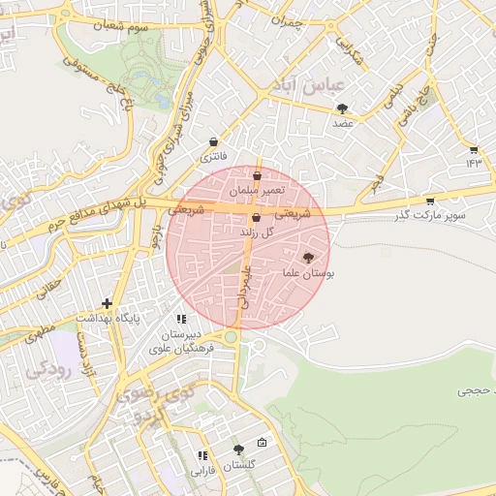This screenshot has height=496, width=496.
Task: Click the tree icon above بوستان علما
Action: click(309, 258)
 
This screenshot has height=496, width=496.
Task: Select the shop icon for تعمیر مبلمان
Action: click(257, 176)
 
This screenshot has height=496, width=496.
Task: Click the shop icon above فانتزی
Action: click(213, 141)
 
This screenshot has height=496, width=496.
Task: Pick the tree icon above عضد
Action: click(341, 108)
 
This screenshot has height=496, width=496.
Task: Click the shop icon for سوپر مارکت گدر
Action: click(430, 201)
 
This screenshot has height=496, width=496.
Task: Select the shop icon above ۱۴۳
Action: click(473, 149)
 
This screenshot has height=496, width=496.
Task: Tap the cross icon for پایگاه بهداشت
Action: click(107, 304)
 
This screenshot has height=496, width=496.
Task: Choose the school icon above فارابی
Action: click(201, 455)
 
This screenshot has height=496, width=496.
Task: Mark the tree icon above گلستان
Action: click(238, 449)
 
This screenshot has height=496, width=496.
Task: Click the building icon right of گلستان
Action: click(262, 443)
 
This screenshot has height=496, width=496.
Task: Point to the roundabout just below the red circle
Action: click(231, 337)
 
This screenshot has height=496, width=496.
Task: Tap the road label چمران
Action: click(290, 22)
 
